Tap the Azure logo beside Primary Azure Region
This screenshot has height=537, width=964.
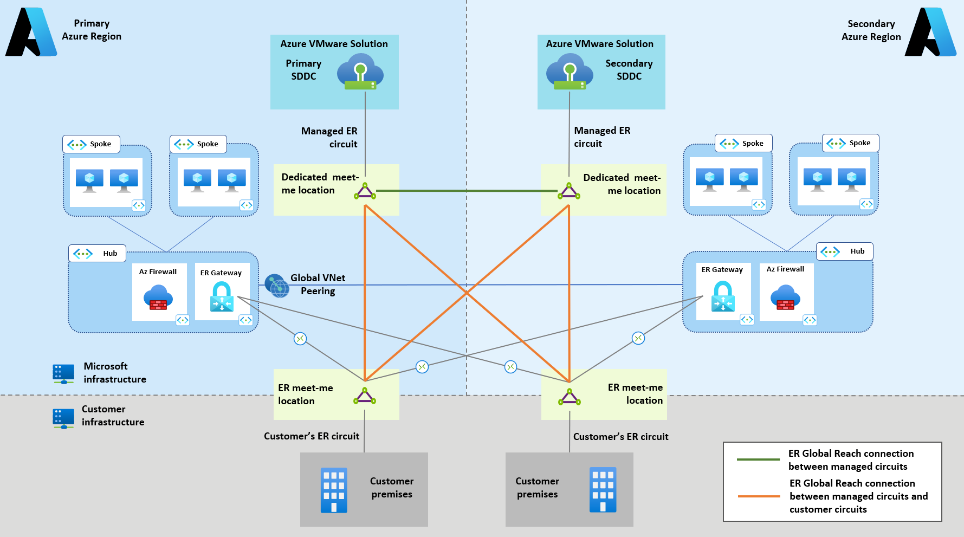point(31,32)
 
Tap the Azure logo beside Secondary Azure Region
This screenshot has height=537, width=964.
point(930,32)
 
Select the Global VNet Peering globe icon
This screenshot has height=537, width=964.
point(277,286)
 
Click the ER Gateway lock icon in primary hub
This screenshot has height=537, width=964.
point(222,296)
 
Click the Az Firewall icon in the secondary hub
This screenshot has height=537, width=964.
point(785,297)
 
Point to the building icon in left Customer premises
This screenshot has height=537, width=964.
point(334,490)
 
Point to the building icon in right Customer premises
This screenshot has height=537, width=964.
point(603,489)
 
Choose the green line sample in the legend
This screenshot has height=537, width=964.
point(758,460)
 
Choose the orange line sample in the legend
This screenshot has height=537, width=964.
point(759,496)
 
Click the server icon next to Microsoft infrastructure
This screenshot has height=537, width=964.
point(63,373)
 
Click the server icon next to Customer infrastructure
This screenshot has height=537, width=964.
point(63,418)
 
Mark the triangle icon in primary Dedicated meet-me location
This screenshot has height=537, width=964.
point(365,191)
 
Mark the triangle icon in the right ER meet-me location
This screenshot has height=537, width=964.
point(570,397)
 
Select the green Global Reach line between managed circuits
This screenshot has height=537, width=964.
point(466,191)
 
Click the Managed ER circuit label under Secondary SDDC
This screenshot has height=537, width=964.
point(602,137)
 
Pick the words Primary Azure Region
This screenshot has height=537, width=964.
point(92,30)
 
